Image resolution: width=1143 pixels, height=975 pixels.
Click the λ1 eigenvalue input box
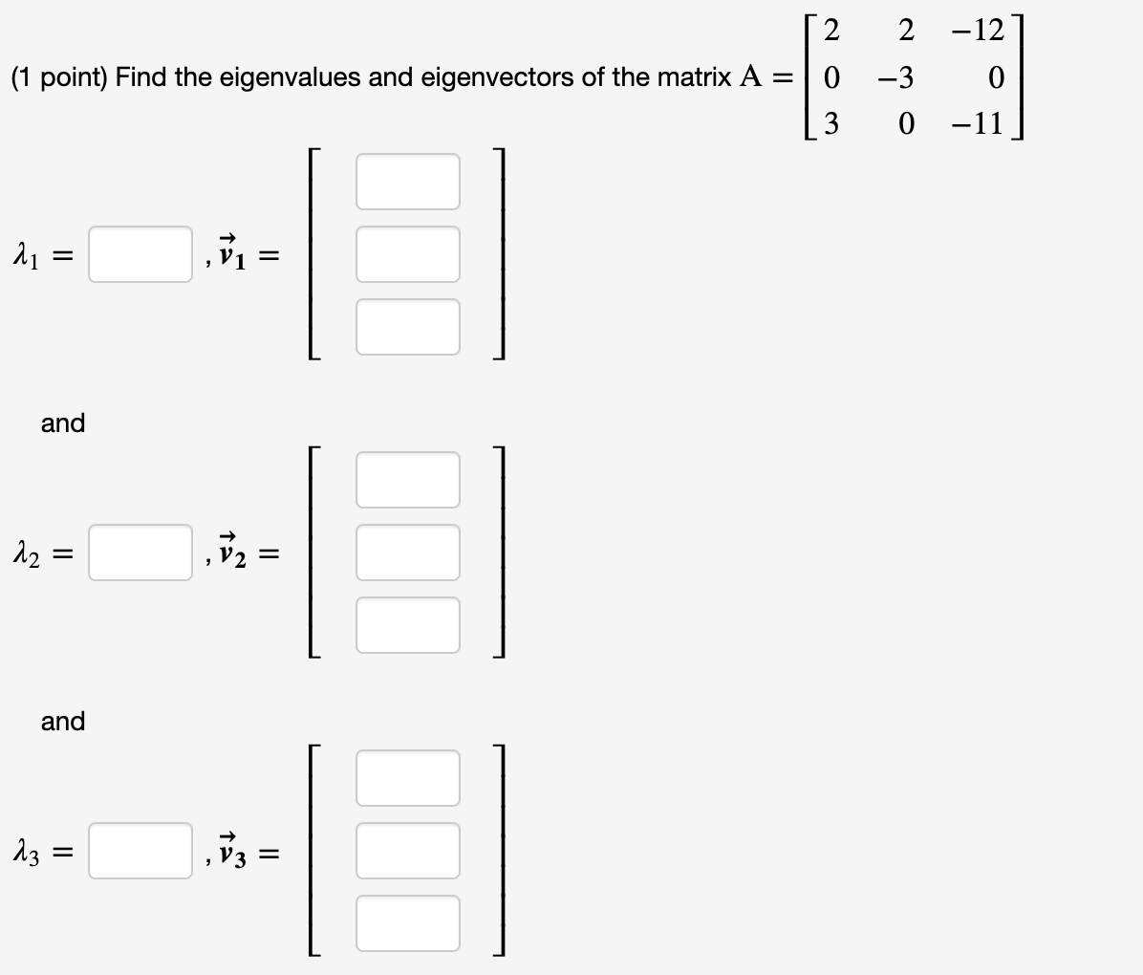140,254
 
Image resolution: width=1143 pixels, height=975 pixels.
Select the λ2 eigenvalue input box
140,552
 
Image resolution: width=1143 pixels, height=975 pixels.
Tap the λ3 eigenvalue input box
140,851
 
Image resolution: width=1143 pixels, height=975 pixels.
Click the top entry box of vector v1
408,182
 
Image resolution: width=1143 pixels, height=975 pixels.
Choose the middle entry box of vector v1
408,254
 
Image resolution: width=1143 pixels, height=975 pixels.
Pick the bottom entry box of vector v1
408,326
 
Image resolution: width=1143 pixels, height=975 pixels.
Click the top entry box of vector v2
408,480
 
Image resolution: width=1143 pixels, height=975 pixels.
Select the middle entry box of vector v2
408,552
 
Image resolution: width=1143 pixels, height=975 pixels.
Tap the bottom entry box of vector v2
408,624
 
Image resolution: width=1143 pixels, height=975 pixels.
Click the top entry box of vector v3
408,778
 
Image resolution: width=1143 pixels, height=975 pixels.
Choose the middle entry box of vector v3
408,851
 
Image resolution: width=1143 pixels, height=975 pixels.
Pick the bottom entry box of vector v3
408,922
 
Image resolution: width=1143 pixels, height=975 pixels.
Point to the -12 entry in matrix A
978,31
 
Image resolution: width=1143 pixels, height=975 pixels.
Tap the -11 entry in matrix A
978,123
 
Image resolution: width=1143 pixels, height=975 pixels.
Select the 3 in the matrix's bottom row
830,123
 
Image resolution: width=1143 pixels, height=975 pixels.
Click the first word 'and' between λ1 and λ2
63,422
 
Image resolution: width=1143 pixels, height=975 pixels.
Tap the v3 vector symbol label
234,847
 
